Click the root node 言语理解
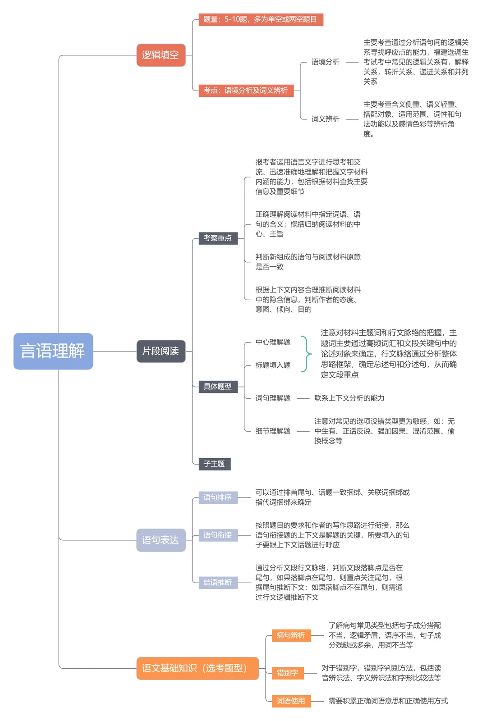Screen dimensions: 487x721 [53, 351]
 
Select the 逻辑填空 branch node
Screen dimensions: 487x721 [161, 55]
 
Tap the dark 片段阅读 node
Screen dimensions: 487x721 [161, 351]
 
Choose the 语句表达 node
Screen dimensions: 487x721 [161, 540]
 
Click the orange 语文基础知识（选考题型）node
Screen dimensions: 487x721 [198, 668]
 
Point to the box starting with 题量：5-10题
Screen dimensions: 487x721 [261, 20]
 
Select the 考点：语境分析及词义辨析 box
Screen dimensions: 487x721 [246, 91]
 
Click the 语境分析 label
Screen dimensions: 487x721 [325, 62]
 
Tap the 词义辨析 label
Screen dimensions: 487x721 [325, 119]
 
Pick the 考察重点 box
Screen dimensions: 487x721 [218, 238]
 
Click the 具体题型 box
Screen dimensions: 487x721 [218, 387]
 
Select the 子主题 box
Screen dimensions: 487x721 [215, 464]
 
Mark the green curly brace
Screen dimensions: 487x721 [307, 354]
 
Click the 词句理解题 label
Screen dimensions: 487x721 [273, 398]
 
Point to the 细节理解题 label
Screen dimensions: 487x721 [273, 431]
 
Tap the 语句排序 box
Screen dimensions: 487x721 [218, 497]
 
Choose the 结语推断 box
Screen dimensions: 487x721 [218, 583]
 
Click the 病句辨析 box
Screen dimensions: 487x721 [291, 635]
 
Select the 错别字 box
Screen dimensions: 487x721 [288, 673]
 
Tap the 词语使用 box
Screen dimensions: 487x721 [291, 701]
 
